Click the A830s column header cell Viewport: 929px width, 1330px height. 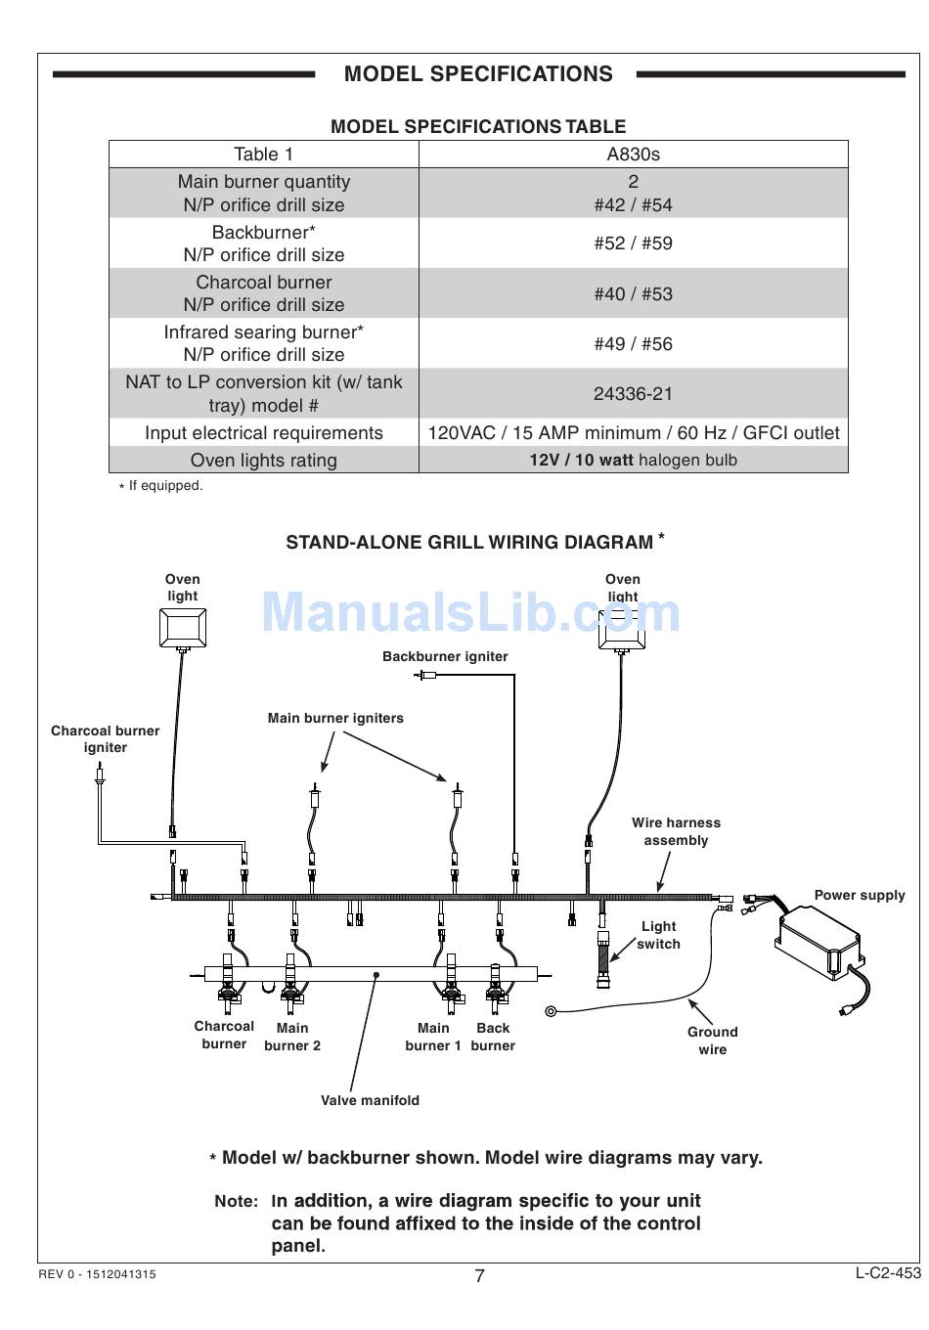(633, 155)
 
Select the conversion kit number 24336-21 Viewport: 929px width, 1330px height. (633, 394)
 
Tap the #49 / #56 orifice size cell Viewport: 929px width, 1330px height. (633, 344)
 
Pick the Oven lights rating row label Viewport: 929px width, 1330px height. (263, 461)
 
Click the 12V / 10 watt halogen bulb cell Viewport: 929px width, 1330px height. (633, 461)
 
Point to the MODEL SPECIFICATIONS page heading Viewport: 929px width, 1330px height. (478, 74)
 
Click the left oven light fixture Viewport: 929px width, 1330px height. (183, 627)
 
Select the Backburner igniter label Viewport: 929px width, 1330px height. (445, 657)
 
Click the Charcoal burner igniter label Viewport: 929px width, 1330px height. (105, 739)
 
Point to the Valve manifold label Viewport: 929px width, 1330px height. (370, 1101)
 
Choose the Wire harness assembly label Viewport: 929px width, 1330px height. (676, 832)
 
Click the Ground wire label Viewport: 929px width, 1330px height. (712, 1041)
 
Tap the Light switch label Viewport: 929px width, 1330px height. (658, 935)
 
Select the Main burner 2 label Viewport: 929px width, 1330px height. (292, 1037)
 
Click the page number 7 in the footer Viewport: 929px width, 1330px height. (479, 1275)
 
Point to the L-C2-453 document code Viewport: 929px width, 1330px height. (888, 1273)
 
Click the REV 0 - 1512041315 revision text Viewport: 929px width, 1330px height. (97, 1275)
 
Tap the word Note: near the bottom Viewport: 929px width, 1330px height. (237, 1201)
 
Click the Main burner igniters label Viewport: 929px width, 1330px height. (335, 719)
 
